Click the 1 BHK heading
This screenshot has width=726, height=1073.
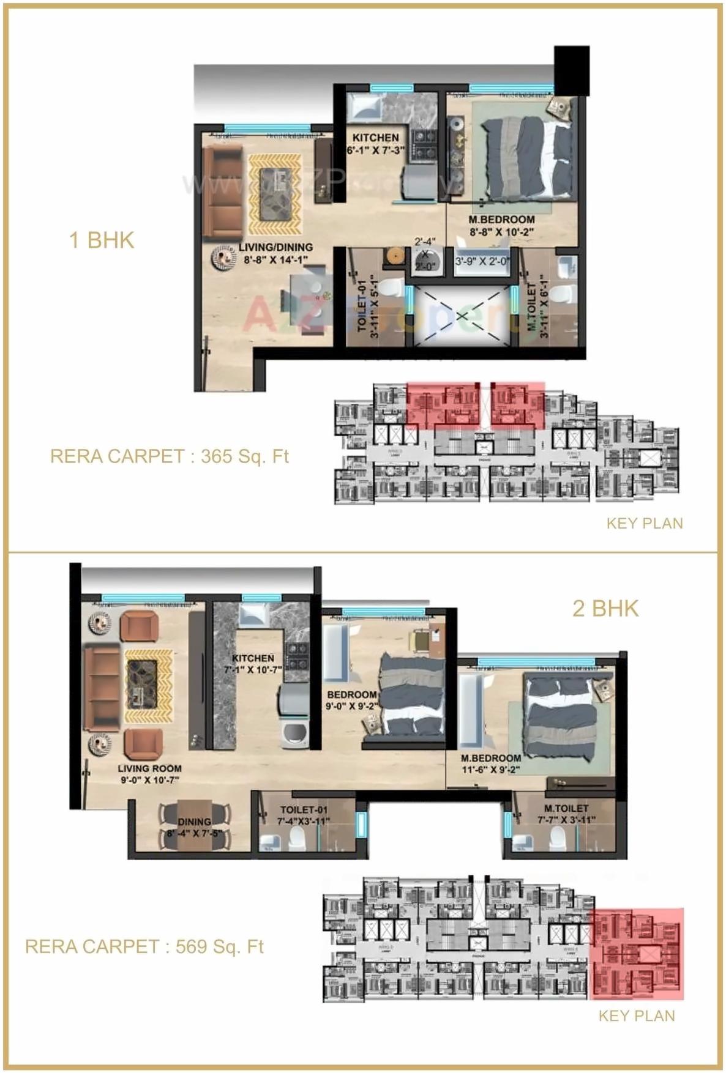102,240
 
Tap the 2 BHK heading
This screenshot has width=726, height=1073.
605,609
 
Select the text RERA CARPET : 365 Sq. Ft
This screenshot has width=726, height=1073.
170,456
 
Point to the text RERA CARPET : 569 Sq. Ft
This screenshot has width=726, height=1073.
144,946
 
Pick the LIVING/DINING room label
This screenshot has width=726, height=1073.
275,253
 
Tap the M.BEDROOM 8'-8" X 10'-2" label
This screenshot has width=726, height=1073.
501,226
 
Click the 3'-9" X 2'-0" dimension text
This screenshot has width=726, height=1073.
482,261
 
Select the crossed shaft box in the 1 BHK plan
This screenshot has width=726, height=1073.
462,316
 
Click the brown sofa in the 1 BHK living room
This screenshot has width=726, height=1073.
218,192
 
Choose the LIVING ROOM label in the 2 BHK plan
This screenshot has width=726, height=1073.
149,774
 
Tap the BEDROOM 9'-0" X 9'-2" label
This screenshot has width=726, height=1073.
351,700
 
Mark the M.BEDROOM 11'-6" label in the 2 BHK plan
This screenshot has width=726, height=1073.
491,763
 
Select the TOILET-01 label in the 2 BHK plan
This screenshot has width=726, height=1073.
304,815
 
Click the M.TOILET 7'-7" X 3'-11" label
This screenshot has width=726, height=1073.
566,814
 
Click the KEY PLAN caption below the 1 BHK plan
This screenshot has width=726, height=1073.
645,523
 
